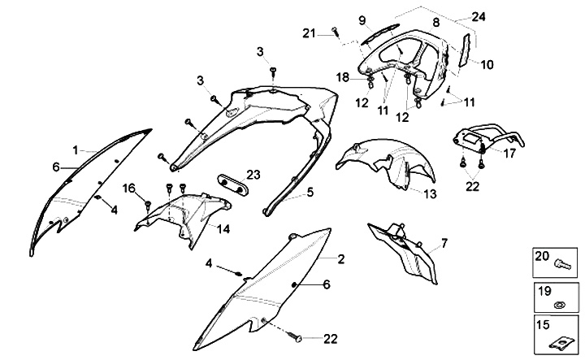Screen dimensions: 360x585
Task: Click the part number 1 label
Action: click(x=75, y=150)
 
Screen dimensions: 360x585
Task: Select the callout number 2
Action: click(x=341, y=258)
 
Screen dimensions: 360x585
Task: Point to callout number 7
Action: click(x=444, y=243)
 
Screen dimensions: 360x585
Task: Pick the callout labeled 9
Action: click(x=363, y=20)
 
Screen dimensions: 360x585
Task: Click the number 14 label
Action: click(x=223, y=229)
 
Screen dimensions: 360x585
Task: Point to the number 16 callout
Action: click(x=128, y=189)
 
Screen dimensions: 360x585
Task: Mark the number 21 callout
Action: click(x=308, y=33)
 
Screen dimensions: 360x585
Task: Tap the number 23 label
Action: click(x=253, y=174)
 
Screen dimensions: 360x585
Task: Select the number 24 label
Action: click(x=478, y=16)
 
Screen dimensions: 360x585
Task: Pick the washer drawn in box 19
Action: click(x=559, y=305)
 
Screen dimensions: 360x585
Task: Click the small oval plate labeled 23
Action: click(x=232, y=180)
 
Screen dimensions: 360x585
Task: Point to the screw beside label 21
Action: click(x=334, y=33)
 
